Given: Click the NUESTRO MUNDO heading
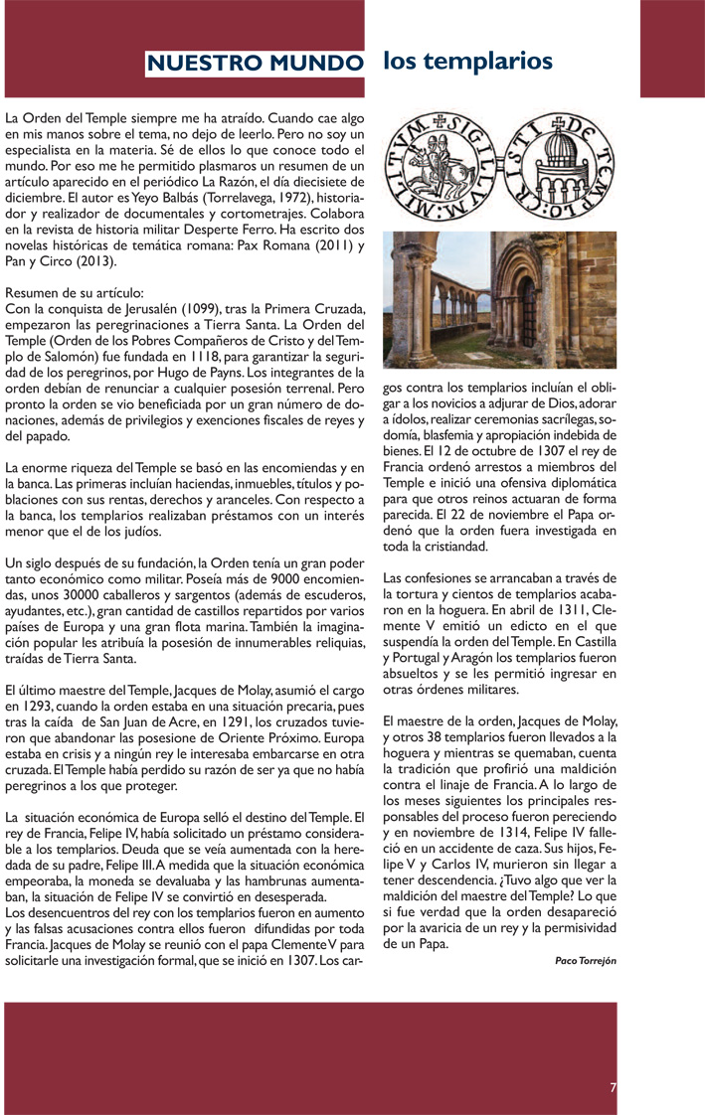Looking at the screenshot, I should (x=254, y=64).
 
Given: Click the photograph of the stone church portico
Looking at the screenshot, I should (x=500, y=300).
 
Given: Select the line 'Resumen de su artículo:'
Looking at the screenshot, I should (x=75, y=293).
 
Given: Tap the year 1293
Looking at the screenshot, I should (x=39, y=705).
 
